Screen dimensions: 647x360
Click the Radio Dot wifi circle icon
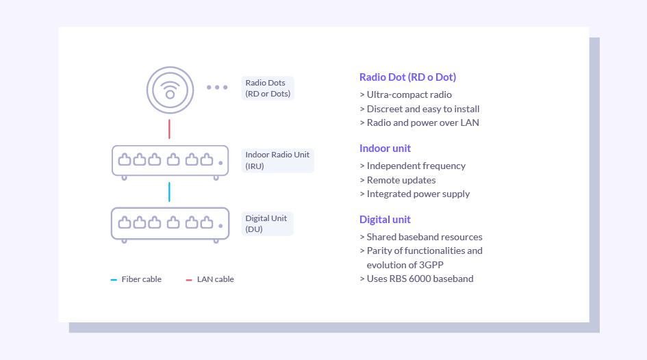tap(170, 90)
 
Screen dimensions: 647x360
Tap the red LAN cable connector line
tap(169, 129)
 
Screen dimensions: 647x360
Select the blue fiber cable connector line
tap(169, 192)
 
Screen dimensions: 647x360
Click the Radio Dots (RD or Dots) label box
tap(268, 88)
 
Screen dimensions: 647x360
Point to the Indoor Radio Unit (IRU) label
tap(277, 160)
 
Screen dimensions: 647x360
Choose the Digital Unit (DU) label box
tap(267, 224)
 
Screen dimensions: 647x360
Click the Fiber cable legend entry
tap(136, 279)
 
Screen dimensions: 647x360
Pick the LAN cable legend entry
tap(210, 279)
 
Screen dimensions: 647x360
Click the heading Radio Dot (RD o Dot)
tap(407, 77)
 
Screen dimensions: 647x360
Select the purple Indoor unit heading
tap(385, 148)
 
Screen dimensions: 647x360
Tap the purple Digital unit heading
tap(385, 220)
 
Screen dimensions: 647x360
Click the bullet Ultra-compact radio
tap(405, 94)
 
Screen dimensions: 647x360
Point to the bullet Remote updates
tap(398, 180)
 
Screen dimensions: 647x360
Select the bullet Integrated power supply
tap(415, 194)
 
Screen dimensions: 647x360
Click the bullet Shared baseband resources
tap(421, 237)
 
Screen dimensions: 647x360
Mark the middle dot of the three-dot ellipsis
tap(217, 88)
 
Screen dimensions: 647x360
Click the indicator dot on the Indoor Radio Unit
tap(220, 163)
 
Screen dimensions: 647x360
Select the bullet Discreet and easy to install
tap(420, 109)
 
